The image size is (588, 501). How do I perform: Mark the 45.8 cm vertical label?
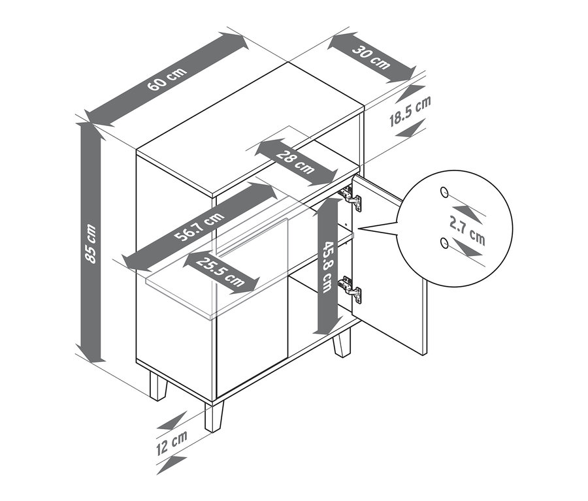point(326,267)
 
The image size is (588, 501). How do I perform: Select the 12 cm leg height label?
point(171,444)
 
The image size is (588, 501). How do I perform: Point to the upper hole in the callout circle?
point(444,192)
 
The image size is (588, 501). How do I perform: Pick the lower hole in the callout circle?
point(444,244)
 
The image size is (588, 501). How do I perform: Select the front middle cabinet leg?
point(213,415)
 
